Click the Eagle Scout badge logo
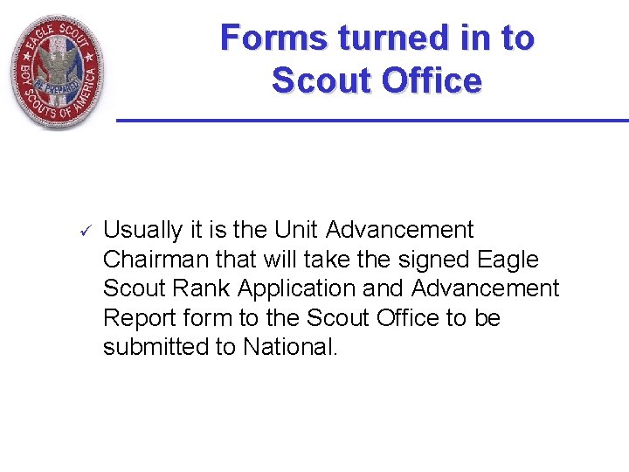click(57, 70)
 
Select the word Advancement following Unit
click(399, 231)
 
